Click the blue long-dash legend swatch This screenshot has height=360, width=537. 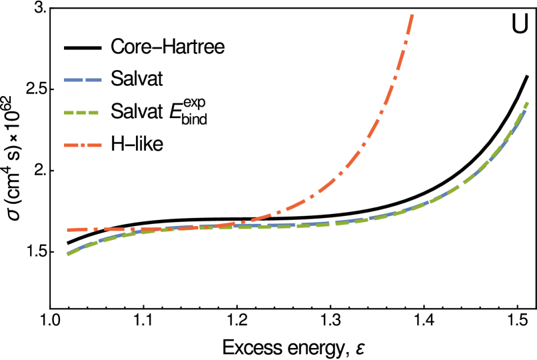(x=83, y=80)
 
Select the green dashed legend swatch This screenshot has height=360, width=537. (x=81, y=113)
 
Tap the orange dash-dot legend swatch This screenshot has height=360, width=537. (x=83, y=145)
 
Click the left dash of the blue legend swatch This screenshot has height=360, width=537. (x=73, y=80)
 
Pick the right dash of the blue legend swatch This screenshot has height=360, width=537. (x=93, y=80)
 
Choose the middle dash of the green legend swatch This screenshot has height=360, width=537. (x=81, y=113)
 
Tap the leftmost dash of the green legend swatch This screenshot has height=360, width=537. (x=69, y=113)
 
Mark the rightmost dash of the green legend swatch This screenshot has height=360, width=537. (x=94, y=113)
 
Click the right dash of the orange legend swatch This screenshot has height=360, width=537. (x=94, y=145)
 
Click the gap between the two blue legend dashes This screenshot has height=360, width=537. (x=83, y=80)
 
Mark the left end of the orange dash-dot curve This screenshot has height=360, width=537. (x=68, y=230)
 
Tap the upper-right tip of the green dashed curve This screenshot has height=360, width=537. (x=527, y=103)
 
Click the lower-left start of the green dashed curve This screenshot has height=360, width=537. (x=68, y=254)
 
